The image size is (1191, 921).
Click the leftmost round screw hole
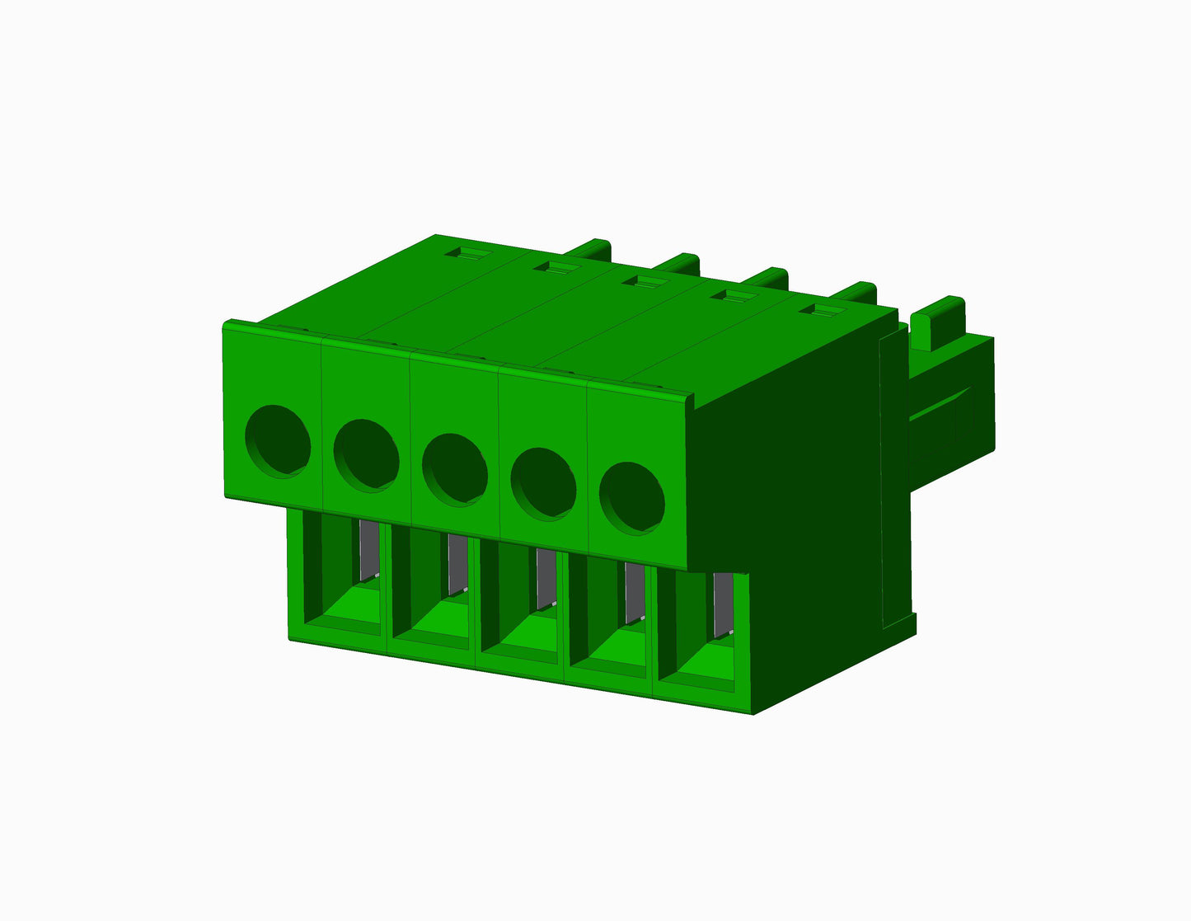(x=279, y=440)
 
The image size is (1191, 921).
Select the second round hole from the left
(x=367, y=455)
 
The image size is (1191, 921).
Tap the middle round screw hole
(x=455, y=469)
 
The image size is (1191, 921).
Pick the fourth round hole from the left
(x=543, y=484)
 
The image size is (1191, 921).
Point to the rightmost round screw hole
(x=632, y=499)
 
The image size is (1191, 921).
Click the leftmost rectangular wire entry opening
(x=342, y=577)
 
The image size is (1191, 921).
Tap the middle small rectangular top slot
(x=644, y=282)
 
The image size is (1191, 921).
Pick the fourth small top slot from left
(x=733, y=296)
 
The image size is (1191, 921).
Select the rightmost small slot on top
(x=822, y=311)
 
